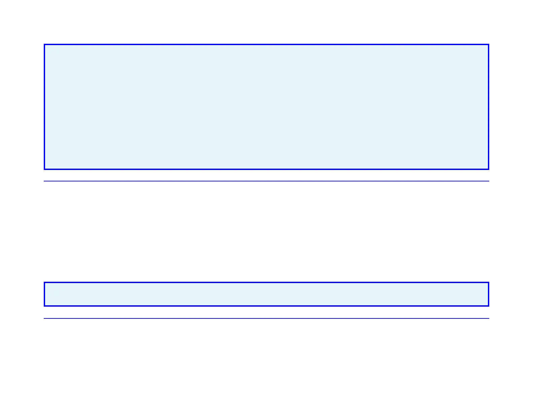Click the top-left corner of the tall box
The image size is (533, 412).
coord(44,44)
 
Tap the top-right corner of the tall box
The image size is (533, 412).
coord(488,44)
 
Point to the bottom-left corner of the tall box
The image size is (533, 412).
coord(44,169)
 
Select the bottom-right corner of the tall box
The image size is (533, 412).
coord(488,169)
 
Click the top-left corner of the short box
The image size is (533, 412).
coord(44,282)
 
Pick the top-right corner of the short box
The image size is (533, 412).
coord(488,282)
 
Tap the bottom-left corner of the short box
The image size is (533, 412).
coord(44,306)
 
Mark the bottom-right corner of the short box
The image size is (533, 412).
coord(488,306)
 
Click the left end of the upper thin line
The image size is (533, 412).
coord(44,181)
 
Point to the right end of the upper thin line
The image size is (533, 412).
coord(489,181)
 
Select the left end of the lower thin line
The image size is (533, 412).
coord(44,318)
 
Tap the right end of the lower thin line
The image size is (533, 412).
coord(489,318)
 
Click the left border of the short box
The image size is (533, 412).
coord(44,294)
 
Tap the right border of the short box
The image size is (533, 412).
coord(488,294)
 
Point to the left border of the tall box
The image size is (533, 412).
coord(44,107)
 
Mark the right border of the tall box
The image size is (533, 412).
coord(488,107)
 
